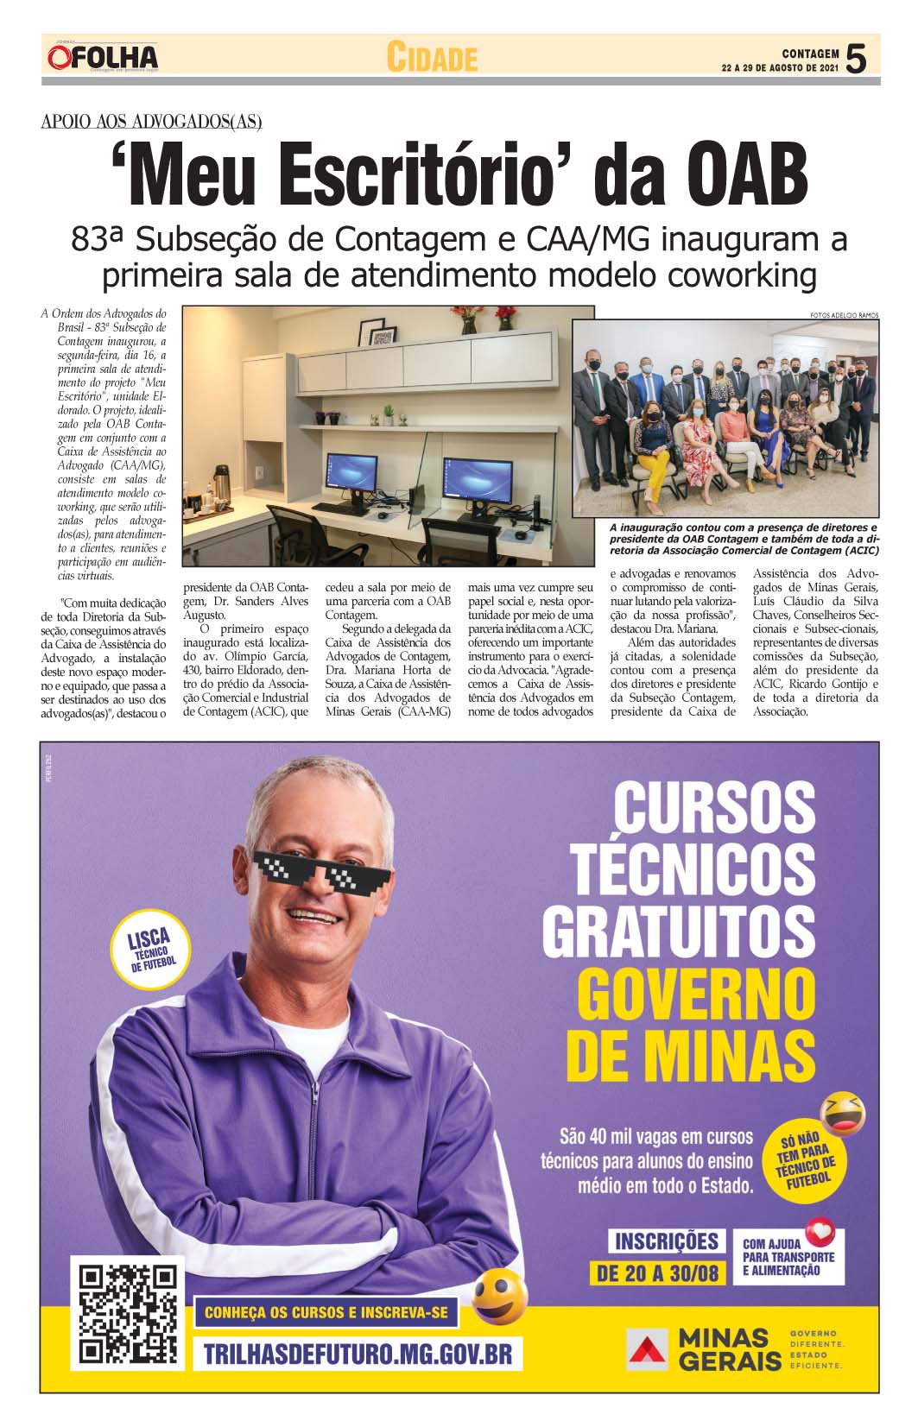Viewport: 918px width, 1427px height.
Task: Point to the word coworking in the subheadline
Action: tap(725, 275)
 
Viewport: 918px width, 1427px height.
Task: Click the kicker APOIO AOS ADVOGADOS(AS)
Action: tap(151, 122)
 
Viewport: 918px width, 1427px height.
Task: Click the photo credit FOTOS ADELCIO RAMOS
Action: tap(844, 315)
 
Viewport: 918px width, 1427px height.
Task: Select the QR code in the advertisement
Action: tap(129, 1314)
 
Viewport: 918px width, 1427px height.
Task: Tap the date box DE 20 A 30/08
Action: tap(658, 1272)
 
